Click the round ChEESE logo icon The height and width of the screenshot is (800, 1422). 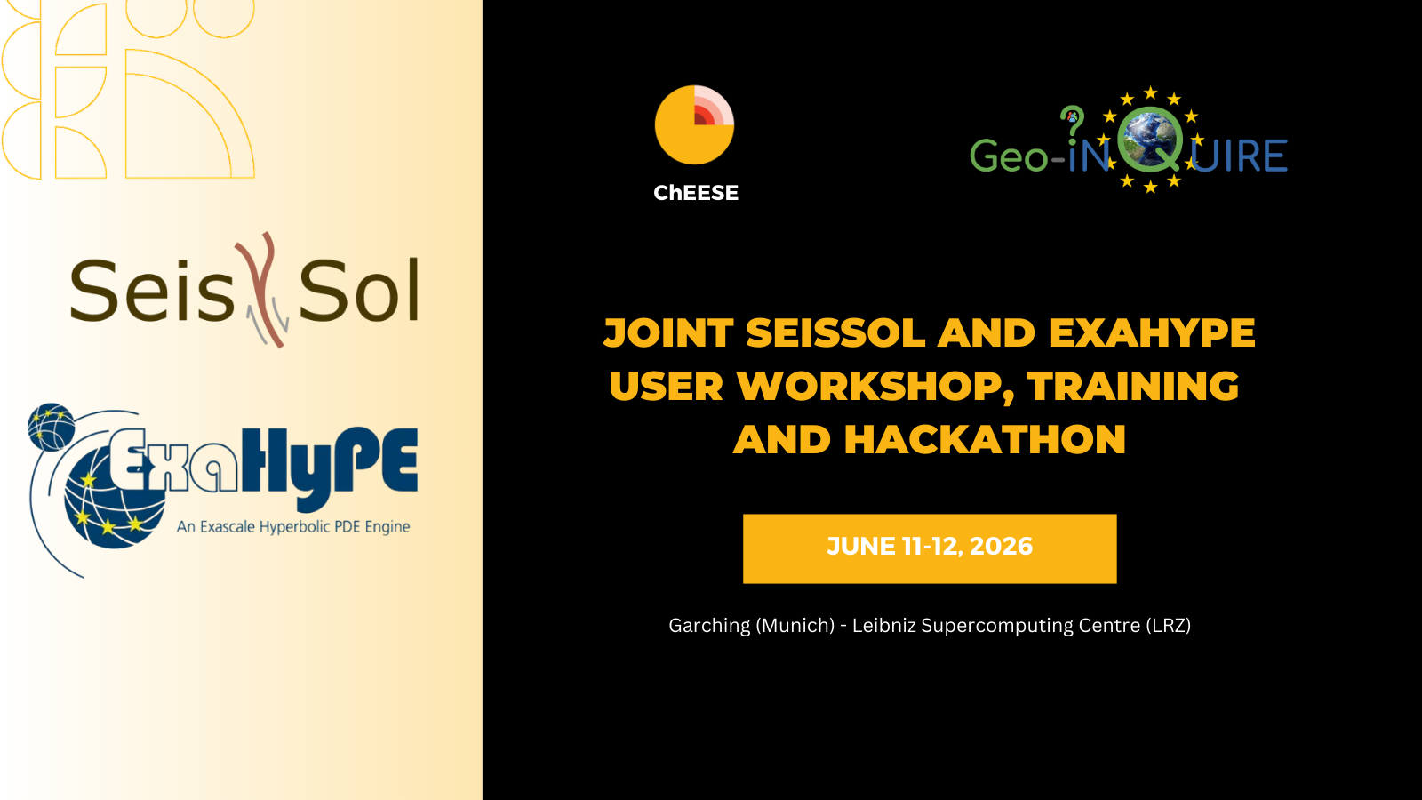click(694, 125)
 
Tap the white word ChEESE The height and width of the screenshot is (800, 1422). click(696, 193)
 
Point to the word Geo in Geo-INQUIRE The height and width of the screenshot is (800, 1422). click(1008, 156)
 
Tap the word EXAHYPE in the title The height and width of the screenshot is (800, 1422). click(1152, 332)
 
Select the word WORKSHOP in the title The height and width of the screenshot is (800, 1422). click(875, 386)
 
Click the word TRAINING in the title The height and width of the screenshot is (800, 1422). click(1133, 386)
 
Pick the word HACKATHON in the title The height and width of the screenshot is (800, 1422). click(985, 439)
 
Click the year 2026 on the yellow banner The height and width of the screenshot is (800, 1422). click(1001, 546)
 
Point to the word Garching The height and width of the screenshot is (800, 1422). click(709, 626)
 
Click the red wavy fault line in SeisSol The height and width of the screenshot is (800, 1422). click(262, 290)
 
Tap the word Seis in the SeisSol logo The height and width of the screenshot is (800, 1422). click(152, 290)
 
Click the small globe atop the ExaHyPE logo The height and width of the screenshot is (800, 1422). click(51, 427)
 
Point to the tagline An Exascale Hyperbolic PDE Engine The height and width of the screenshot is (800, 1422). click(293, 526)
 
